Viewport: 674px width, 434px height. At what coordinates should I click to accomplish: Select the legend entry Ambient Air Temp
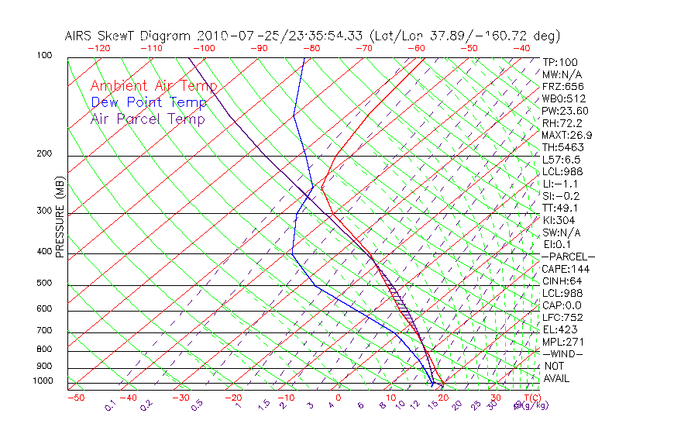point(153,87)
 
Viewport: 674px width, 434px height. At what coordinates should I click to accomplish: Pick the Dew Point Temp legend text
point(149,103)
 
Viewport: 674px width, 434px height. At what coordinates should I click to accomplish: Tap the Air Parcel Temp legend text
point(148,119)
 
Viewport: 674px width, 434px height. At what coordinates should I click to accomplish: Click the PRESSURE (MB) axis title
point(60,216)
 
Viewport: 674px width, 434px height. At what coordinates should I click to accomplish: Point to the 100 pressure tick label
point(44,56)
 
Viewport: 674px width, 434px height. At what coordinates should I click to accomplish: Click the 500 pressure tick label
point(44,284)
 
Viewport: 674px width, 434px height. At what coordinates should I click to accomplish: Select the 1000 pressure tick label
point(42,381)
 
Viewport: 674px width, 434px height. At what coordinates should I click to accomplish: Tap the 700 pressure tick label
point(44,331)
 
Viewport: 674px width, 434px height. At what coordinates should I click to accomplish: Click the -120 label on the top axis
point(98,47)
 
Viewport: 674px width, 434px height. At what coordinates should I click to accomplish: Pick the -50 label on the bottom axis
point(75,398)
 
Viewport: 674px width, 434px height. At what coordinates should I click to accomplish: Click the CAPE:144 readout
point(563,269)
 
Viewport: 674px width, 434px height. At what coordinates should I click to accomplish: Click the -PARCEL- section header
point(568,257)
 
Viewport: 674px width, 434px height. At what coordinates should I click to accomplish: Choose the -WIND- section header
point(563,353)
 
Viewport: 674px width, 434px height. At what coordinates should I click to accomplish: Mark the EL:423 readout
point(559,329)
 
